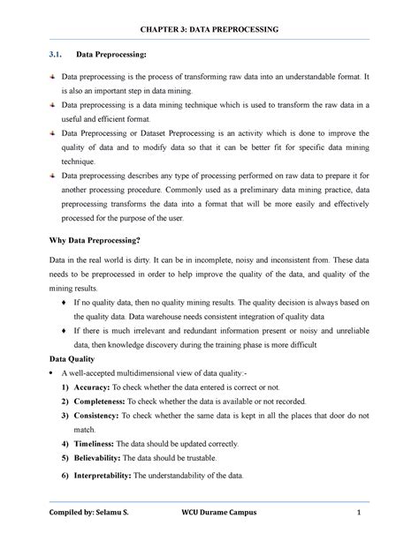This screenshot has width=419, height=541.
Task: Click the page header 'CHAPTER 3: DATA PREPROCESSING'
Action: [209, 30]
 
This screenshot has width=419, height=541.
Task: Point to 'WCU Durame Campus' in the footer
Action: [232, 515]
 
